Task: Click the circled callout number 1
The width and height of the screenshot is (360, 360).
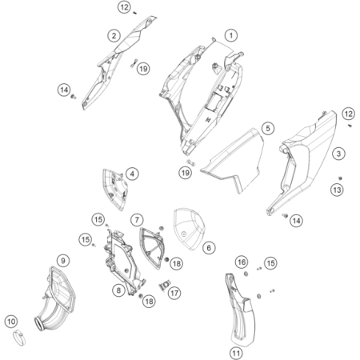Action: click(x=231, y=35)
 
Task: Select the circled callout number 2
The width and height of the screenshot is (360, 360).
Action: click(x=114, y=36)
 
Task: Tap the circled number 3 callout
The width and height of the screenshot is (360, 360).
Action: click(x=338, y=154)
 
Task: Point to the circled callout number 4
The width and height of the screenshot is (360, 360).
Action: click(x=132, y=174)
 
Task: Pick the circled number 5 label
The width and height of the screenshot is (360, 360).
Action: click(x=268, y=128)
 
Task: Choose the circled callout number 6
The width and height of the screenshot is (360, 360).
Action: click(x=209, y=248)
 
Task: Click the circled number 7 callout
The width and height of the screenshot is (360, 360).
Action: click(x=137, y=220)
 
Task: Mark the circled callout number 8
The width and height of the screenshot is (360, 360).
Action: click(x=118, y=290)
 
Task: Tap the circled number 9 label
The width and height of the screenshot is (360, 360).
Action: click(x=63, y=260)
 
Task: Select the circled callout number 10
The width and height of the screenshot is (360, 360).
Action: click(x=11, y=322)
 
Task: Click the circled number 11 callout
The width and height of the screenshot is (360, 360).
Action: click(x=236, y=354)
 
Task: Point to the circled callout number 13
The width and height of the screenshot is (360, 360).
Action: click(x=337, y=190)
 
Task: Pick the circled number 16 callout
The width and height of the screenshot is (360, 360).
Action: click(x=242, y=262)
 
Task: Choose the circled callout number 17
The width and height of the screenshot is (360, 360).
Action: click(x=174, y=294)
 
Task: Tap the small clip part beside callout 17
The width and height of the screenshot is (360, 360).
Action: click(x=164, y=286)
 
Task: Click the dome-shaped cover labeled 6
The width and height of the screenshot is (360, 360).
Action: click(x=188, y=229)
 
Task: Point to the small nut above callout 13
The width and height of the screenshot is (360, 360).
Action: click(x=340, y=178)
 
